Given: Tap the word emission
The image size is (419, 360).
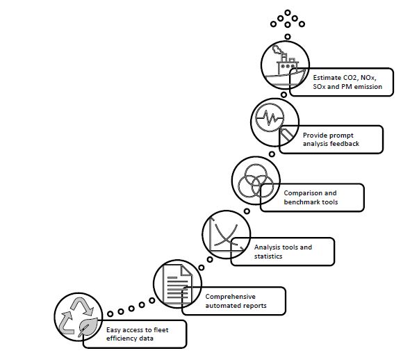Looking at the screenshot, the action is pyautogui.click(x=368, y=87).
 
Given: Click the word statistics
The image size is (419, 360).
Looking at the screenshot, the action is pyautogui.click(x=268, y=256).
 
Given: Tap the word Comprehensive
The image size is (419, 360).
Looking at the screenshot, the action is pyautogui.click(x=230, y=297).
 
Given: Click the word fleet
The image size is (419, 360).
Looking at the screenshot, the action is pyautogui.click(x=161, y=330).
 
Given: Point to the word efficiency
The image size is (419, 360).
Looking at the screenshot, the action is pyautogui.click(x=120, y=338).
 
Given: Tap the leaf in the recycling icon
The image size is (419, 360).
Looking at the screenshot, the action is pyautogui.click(x=88, y=327).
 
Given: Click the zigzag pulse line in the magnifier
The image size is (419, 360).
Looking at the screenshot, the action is pyautogui.click(x=270, y=117).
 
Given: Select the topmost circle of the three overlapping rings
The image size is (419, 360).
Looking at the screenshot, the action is pyautogui.click(x=256, y=174).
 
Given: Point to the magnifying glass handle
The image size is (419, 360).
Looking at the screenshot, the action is pyautogui.click(x=286, y=135).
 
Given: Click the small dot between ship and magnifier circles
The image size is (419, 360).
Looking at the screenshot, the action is pyautogui.click(x=284, y=95).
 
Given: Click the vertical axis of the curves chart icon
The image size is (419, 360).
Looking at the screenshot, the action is pyautogui.click(x=211, y=234).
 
